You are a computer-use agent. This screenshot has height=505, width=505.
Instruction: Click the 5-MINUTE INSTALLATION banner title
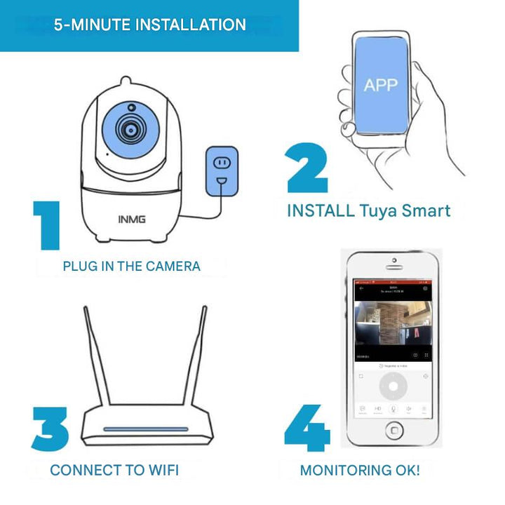pyautogui.click(x=150, y=25)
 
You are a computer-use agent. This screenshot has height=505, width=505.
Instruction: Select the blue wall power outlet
pyautogui.click(x=222, y=171)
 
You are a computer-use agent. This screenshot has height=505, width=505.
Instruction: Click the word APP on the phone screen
pyautogui.click(x=380, y=86)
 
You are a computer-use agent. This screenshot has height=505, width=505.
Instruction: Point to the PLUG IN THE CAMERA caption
pyautogui.click(x=131, y=267)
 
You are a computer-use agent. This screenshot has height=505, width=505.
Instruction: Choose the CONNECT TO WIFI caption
pyautogui.click(x=114, y=470)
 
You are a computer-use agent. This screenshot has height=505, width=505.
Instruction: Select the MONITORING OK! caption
pyautogui.click(x=360, y=470)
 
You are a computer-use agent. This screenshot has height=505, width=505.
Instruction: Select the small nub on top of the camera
pyautogui.click(x=126, y=81)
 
